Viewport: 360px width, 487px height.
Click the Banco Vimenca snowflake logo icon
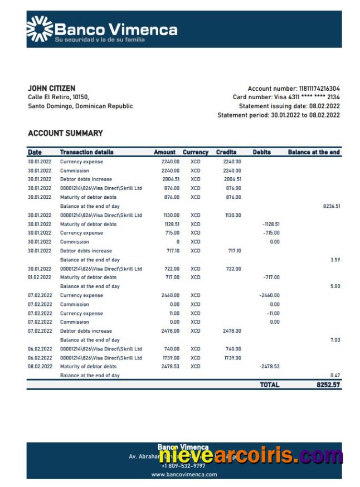coord(39,29)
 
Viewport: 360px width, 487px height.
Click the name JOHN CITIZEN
coord(51,88)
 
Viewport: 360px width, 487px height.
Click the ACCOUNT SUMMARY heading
coord(65,133)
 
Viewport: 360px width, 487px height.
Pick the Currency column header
coord(195,152)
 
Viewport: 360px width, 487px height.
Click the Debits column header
coord(261,152)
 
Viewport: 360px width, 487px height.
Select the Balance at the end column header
coord(314,152)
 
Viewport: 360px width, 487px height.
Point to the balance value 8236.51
coord(331,206)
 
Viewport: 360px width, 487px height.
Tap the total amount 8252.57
coord(329,385)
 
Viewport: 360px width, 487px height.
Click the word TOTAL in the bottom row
coord(269,385)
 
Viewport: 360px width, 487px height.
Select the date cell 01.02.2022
coord(40,277)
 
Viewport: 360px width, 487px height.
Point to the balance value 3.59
coord(334,260)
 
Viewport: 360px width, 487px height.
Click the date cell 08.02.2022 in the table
coord(40,367)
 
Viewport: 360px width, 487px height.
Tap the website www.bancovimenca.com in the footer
coord(183,475)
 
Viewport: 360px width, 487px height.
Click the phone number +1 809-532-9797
coord(183,466)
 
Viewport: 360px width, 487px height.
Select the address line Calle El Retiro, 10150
coord(58,97)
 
